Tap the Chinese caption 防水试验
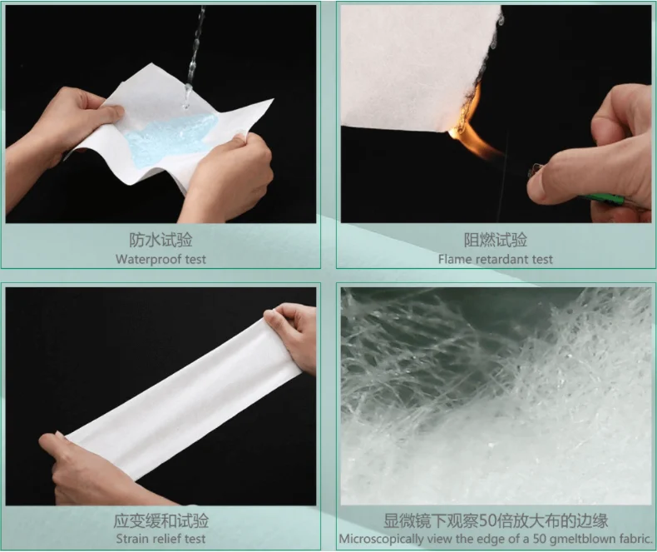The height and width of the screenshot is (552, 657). click(x=161, y=241)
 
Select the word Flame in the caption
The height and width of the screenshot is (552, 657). click(x=456, y=259)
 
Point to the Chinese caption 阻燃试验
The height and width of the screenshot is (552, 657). click(x=496, y=241)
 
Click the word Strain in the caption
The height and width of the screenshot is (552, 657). click(x=131, y=538)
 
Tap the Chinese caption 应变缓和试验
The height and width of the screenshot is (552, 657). click(x=161, y=521)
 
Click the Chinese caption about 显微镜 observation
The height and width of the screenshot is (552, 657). click(x=496, y=521)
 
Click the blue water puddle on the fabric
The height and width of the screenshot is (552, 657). click(x=170, y=137)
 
